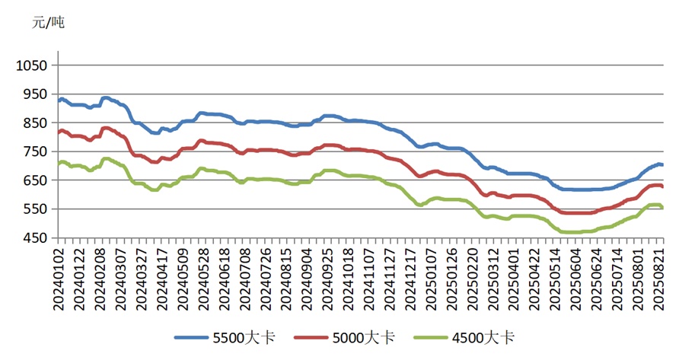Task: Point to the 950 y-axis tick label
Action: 33,94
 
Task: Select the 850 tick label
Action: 33,123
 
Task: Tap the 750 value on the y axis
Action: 33,151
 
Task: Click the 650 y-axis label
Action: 33,180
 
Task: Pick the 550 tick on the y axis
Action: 33,209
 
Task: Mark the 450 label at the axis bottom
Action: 33,238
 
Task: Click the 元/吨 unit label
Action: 48,23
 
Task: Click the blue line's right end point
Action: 662,164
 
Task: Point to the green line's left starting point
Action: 59,164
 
